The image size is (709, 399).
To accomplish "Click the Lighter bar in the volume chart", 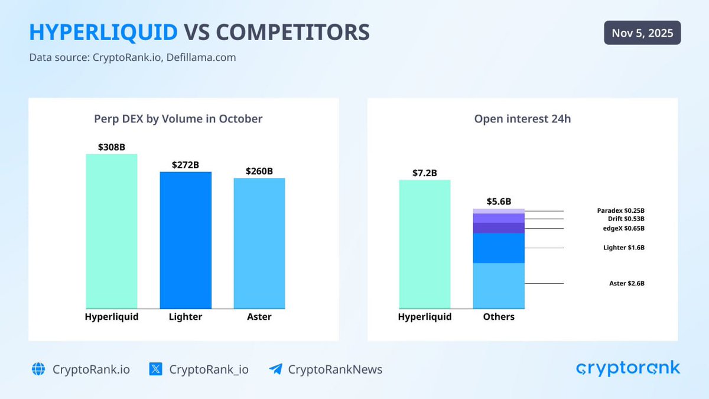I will [x=186, y=240].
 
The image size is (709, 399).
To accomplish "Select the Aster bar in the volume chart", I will [x=259, y=243].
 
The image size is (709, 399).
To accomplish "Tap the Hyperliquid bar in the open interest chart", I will [x=425, y=244].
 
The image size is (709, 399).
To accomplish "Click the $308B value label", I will [x=112, y=147].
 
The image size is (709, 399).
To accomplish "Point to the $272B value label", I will [x=186, y=165].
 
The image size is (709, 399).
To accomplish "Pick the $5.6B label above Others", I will [x=499, y=202].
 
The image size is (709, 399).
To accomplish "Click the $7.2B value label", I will [x=425, y=173].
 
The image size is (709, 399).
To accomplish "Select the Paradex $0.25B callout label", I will [x=620, y=210].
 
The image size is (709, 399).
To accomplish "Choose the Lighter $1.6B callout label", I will [x=623, y=248].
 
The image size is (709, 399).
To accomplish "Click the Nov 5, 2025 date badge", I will [x=642, y=33].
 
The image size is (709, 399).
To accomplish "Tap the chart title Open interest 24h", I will [x=522, y=119].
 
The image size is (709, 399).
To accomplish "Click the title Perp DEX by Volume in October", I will [x=178, y=119].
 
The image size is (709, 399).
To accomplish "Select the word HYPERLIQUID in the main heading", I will [x=103, y=33].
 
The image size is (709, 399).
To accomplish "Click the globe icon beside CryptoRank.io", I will [x=38, y=369].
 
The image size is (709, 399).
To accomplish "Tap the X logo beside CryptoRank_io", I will [x=155, y=369].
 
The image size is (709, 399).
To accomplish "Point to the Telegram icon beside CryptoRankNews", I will [x=275, y=369].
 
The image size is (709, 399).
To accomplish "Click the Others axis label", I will [x=499, y=317].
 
